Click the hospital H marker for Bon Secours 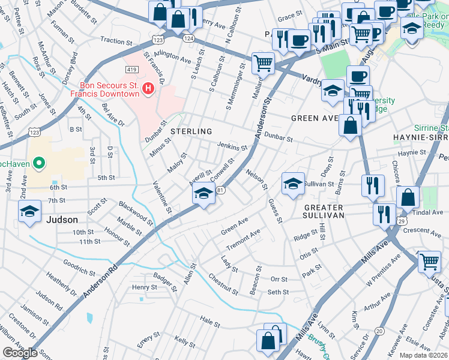point(148,89)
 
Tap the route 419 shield point(131,70)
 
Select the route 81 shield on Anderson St point(220,190)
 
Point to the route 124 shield point(189,38)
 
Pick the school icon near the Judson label point(29,212)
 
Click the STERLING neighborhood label point(191,131)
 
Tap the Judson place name point(61,220)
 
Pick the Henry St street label point(144,287)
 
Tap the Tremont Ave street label point(243,239)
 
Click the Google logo point(20,353)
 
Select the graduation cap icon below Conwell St point(203,194)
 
